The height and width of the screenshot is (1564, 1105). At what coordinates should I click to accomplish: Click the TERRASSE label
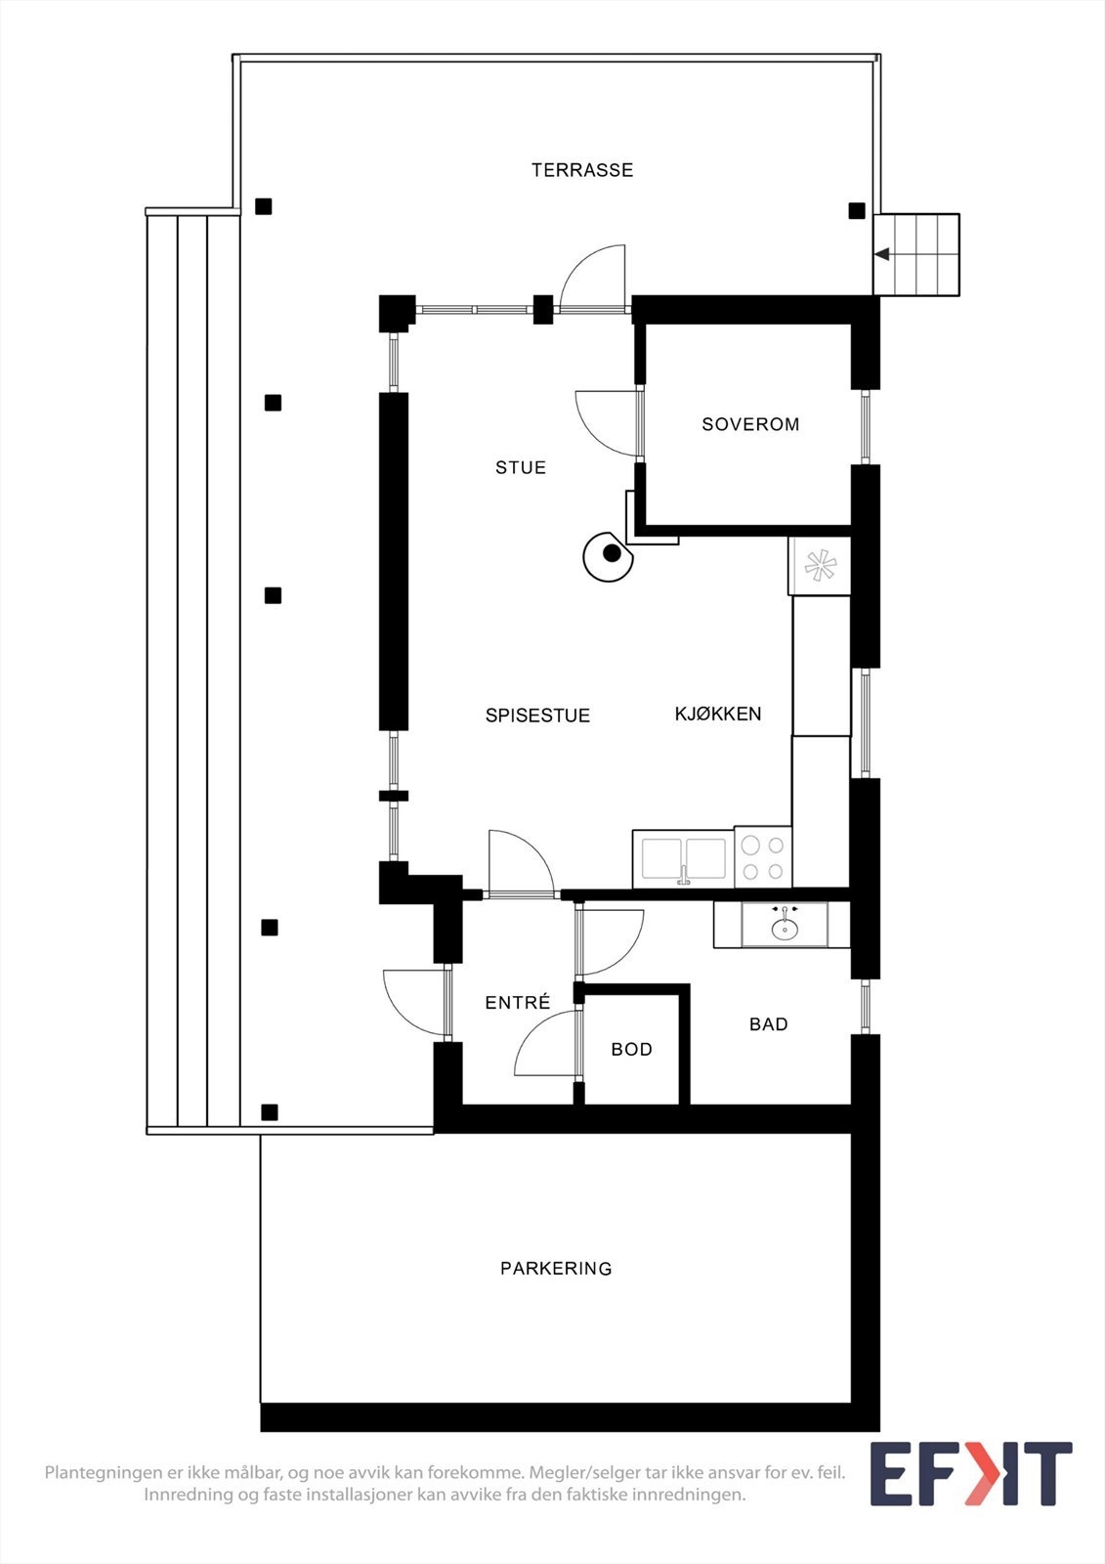(582, 170)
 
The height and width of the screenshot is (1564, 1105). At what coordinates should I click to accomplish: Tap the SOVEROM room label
(750, 424)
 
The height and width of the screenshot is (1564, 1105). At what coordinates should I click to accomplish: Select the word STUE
(521, 467)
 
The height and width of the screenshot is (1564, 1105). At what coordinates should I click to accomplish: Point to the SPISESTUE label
(537, 716)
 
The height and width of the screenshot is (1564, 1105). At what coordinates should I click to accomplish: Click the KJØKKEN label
(718, 714)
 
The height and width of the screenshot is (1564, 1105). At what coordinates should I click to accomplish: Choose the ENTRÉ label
(518, 1002)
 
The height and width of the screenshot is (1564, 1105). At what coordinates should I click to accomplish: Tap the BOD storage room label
(631, 1049)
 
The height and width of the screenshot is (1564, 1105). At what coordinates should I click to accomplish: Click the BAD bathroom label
(768, 1023)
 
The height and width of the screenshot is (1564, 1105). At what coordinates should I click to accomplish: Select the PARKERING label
(556, 1268)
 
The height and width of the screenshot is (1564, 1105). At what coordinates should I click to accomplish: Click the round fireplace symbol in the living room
(609, 556)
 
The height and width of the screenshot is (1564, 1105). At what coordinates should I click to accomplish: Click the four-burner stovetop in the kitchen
(763, 857)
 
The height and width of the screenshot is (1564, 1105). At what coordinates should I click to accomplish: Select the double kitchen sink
(684, 859)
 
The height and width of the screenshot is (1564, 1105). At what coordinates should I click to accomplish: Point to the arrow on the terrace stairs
(881, 254)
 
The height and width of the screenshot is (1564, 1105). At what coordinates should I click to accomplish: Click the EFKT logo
(970, 1474)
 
